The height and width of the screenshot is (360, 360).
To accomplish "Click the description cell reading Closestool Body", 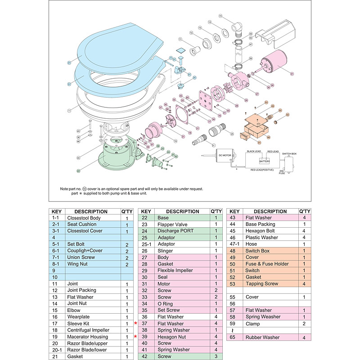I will tap(83, 218).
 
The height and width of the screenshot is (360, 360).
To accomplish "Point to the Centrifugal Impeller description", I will tap(88, 330).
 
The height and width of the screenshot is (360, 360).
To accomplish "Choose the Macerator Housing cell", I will tap(87, 337).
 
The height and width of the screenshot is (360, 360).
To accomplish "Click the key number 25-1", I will tap(146, 244).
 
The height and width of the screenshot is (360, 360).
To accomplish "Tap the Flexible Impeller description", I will tap(175, 270).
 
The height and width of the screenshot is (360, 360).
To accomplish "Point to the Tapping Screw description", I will tap(262, 283).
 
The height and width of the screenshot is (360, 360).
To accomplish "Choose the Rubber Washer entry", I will tap(262, 337).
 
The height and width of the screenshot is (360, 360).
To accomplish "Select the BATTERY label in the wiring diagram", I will tap(265, 161).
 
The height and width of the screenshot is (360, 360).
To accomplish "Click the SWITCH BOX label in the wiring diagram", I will tap(289, 154).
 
